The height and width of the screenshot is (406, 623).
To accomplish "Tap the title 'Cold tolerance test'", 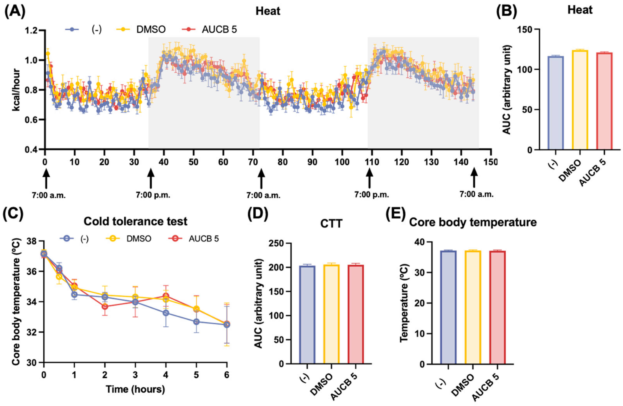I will click(x=135, y=221).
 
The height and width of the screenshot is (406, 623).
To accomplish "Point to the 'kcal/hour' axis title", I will click(x=16, y=90).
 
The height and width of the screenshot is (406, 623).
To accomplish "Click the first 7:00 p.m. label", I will click(x=153, y=195).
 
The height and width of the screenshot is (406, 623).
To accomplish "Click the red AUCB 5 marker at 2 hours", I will click(x=105, y=306).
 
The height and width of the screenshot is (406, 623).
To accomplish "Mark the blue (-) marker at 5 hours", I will click(x=196, y=322).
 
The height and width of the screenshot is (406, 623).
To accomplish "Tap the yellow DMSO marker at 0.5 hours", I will click(x=59, y=277).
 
